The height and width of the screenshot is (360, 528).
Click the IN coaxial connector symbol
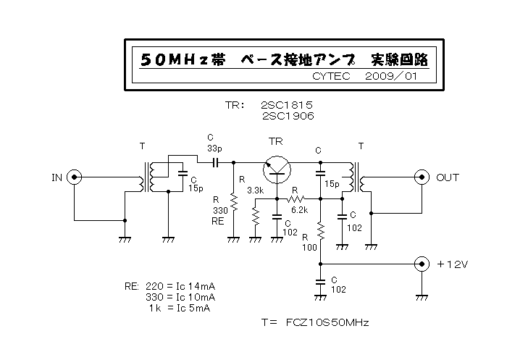coord(74,177)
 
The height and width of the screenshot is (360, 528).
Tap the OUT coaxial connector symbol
coord(422,177)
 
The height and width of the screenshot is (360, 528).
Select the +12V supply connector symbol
coord(422,264)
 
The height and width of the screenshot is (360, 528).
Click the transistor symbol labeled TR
coord(277,169)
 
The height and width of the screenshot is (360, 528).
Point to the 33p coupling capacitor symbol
coord(216,163)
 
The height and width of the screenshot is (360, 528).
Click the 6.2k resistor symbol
coord(296,198)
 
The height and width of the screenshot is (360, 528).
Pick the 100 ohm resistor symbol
coord(321,231)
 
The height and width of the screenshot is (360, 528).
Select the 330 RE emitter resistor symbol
coord(234,202)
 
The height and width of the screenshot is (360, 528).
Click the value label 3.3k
coord(256,191)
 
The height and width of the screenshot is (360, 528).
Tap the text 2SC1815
coord(287,105)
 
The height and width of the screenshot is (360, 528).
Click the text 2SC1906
coord(288,116)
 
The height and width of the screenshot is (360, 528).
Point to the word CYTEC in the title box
coord(331,76)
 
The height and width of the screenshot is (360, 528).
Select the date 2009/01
coord(391,76)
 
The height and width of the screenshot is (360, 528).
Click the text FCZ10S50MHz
coord(327,322)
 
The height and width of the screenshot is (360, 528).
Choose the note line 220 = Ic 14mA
coord(180,287)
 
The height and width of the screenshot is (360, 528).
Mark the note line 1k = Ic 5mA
coord(180,308)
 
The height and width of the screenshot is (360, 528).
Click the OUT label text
coord(448,177)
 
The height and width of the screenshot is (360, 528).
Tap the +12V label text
coord(453,264)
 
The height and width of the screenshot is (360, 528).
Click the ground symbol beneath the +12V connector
coord(422,298)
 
